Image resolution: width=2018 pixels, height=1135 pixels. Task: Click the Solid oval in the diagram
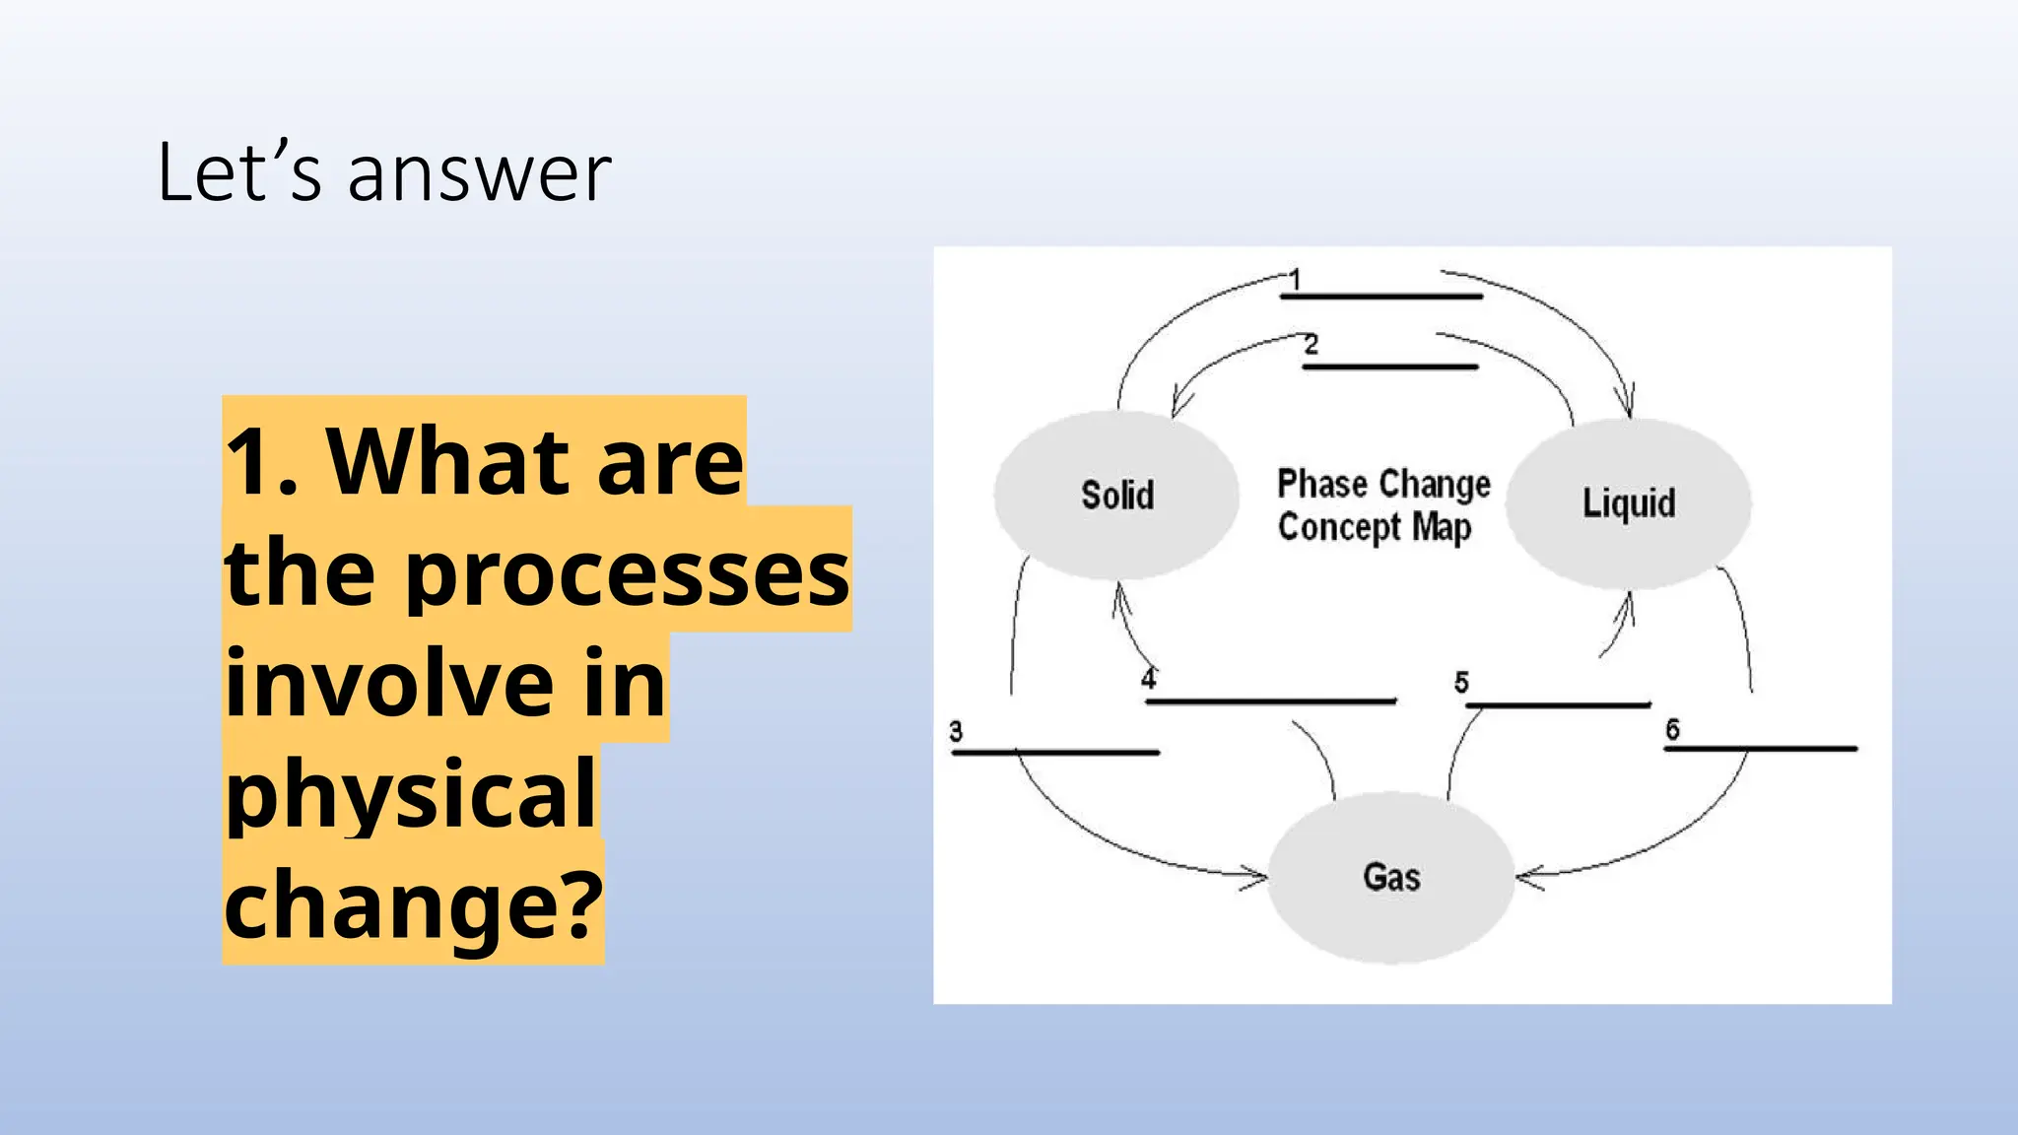pyautogui.click(x=1116, y=495)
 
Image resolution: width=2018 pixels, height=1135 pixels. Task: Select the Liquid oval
pyautogui.click(x=1628, y=503)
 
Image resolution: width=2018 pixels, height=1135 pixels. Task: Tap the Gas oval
pyautogui.click(x=1390, y=877)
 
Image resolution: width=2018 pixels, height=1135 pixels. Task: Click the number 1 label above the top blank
pyautogui.click(x=1296, y=280)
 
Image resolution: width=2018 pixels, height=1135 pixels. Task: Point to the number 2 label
pyautogui.click(x=1311, y=345)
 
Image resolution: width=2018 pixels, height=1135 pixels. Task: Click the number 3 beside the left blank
pyautogui.click(x=956, y=731)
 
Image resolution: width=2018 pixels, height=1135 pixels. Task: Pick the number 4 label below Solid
pyautogui.click(x=1149, y=679)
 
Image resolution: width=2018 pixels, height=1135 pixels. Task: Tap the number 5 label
pyautogui.click(x=1461, y=682)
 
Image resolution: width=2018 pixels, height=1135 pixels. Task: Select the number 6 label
pyautogui.click(x=1672, y=729)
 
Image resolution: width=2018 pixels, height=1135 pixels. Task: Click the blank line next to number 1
pyautogui.click(x=1381, y=296)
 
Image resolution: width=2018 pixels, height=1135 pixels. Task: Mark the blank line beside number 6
pyautogui.click(x=1760, y=749)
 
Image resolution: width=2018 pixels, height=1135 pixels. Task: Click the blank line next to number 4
pyautogui.click(x=1271, y=701)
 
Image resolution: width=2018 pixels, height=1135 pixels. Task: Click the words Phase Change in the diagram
pyautogui.click(x=1383, y=484)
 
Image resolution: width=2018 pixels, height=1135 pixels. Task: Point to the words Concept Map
pyautogui.click(x=1375, y=527)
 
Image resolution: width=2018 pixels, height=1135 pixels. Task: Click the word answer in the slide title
pyautogui.click(x=480, y=173)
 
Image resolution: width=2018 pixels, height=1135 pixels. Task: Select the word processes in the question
pyautogui.click(x=627, y=572)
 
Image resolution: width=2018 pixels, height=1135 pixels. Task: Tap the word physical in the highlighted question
pyautogui.click(x=410, y=794)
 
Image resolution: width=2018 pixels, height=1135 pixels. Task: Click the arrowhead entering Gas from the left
pyautogui.click(x=1257, y=875)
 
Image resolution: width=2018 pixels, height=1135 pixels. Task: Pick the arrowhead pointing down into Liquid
pyautogui.click(x=1627, y=404)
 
